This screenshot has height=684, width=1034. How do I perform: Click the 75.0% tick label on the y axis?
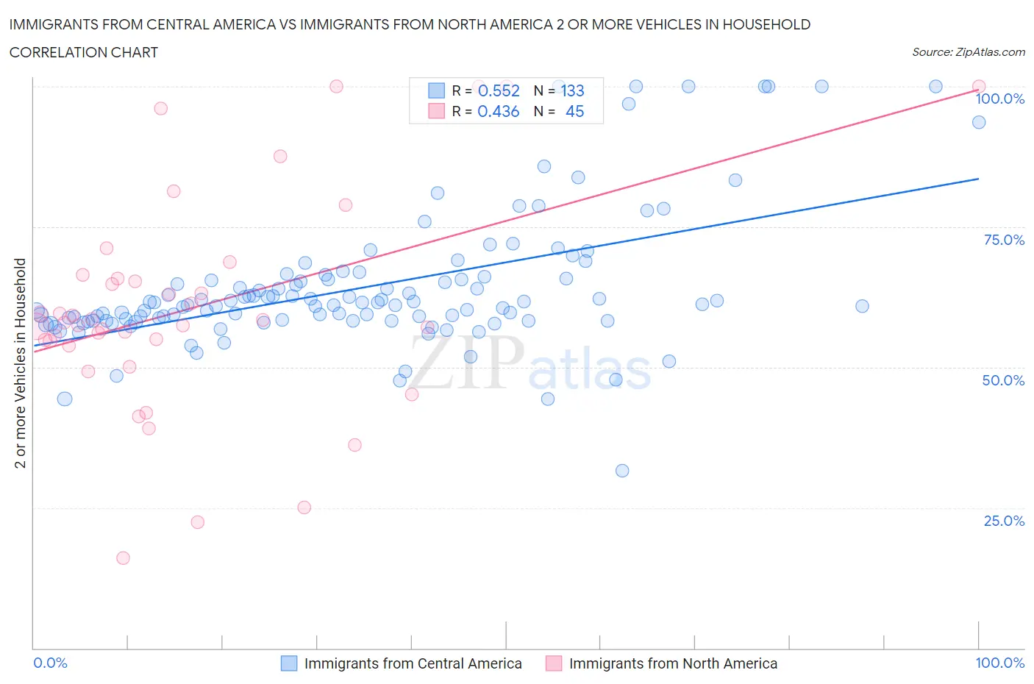1004,240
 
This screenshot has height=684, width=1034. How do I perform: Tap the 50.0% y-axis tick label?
1004,380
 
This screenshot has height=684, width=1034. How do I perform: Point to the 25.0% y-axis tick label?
1004,521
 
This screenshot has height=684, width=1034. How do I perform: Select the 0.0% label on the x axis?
50,663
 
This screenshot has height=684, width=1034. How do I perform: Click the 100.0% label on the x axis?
999,663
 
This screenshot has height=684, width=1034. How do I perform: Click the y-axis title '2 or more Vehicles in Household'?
21,363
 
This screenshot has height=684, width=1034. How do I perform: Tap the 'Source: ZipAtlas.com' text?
968,52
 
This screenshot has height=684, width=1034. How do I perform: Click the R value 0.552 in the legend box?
499,90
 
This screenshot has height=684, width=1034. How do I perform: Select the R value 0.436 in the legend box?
499,111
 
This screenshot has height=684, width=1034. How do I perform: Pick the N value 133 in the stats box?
572,90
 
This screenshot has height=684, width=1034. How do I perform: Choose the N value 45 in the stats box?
574,111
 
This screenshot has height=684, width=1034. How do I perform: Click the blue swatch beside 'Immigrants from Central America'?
289,663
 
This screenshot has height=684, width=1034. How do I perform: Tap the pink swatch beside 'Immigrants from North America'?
554,663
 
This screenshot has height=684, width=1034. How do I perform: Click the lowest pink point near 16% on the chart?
123,558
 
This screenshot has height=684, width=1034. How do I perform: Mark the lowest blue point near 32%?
622,471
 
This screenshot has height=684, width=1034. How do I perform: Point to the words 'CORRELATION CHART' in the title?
84,52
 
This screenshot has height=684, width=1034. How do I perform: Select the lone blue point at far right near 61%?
862,306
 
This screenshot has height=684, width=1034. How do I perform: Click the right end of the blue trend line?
978,179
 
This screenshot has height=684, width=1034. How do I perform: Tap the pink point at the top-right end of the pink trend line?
978,87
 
